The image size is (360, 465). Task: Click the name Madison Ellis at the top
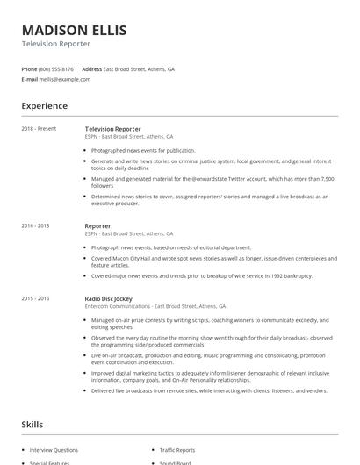tap(74, 30)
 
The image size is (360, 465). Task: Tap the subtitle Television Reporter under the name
tap(55, 44)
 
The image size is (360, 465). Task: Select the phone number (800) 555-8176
tap(55, 68)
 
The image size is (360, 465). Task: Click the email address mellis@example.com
tap(63, 79)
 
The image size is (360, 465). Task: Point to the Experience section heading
tap(44, 106)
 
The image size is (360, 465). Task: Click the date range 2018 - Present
tap(39, 129)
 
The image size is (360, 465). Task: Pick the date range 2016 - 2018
tap(35, 226)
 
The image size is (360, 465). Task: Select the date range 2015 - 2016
tap(35, 298)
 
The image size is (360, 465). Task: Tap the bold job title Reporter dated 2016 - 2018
tap(97, 226)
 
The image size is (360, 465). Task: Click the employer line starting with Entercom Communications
tap(155, 306)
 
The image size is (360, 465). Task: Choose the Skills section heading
tap(32, 425)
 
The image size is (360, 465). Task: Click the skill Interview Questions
tap(54, 449)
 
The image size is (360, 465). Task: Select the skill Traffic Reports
tap(178, 449)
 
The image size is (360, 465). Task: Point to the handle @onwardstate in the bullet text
tap(200, 179)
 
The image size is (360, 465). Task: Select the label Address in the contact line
tap(91, 68)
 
